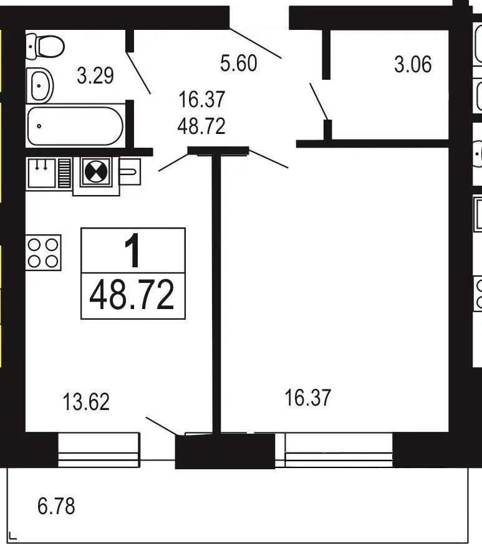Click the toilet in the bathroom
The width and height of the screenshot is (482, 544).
click(45, 45)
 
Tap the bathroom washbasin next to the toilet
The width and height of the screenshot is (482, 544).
click(40, 85)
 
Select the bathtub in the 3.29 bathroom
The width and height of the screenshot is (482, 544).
click(75, 126)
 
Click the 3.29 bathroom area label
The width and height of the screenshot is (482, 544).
click(95, 75)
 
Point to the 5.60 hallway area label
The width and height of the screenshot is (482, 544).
click(239, 64)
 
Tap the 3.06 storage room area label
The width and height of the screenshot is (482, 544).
click(413, 65)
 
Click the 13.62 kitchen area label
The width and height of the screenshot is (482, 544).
click(86, 402)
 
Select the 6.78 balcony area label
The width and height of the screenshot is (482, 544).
click(56, 506)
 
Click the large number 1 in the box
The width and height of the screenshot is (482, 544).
click(133, 250)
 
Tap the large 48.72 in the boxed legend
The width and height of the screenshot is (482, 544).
click(132, 295)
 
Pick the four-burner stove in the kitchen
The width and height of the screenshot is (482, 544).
click(44, 253)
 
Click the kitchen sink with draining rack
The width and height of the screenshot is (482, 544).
click(49, 173)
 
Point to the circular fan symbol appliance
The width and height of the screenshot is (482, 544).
click(96, 173)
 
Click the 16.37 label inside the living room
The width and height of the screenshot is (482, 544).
click(307, 398)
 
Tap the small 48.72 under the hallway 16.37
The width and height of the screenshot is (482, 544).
click(201, 126)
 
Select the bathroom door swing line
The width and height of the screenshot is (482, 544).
click(138, 73)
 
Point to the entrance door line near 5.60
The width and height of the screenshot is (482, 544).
click(255, 42)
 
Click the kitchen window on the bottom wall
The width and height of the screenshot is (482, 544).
click(99, 450)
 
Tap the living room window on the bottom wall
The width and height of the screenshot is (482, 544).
click(339, 450)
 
